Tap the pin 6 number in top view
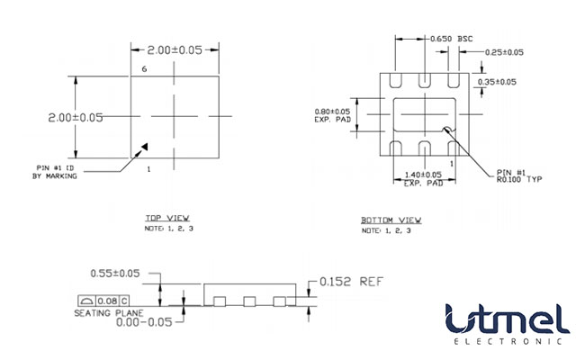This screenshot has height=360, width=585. tap(144, 69)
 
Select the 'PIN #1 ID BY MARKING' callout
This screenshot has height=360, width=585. tap(56, 172)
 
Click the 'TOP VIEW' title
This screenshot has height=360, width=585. tap(167, 218)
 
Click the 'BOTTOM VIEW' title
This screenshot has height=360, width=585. tap(391, 220)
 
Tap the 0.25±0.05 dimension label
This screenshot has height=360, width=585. tap(504, 52)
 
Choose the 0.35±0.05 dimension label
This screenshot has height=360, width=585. tap(497, 82)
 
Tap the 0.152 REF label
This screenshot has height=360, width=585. tap(352, 281)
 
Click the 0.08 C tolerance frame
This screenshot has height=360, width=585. tap(103, 300)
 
